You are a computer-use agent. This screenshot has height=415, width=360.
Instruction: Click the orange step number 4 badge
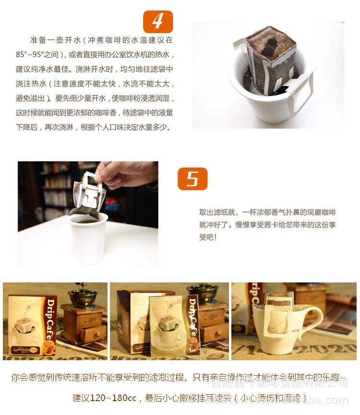(158, 22)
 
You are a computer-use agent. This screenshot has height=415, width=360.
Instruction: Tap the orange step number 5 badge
(192, 179)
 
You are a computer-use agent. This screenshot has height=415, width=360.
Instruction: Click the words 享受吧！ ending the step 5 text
(208, 237)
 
